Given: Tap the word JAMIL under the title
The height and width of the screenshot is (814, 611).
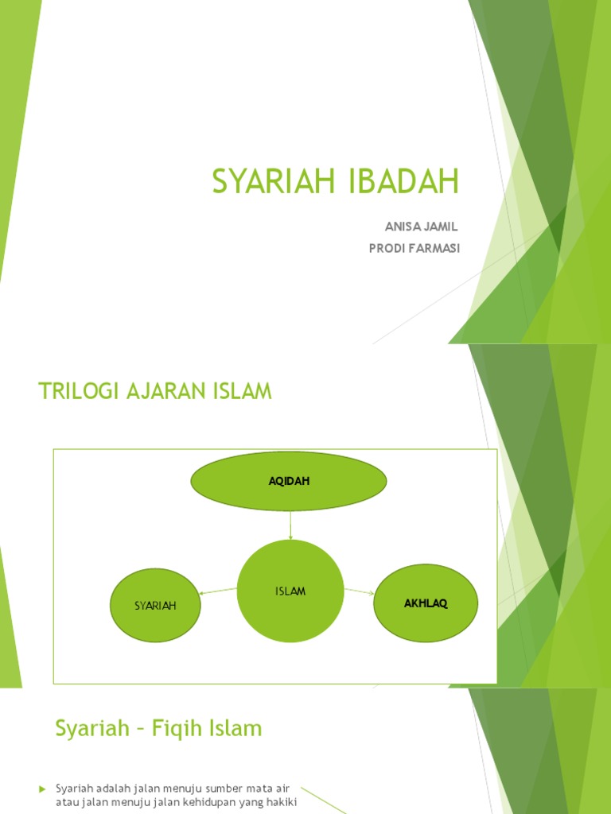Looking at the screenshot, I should click(x=442, y=227).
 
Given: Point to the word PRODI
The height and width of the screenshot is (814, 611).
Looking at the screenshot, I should click(x=387, y=249).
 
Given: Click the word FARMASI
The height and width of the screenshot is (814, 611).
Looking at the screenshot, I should click(x=436, y=249).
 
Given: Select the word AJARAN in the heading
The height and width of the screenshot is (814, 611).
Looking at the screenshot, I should click(x=165, y=391).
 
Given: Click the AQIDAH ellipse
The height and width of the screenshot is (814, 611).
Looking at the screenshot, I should click(x=289, y=481).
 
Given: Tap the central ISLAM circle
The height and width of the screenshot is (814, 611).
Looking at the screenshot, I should click(x=290, y=591).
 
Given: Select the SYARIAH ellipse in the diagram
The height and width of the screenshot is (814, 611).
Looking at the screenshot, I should click(x=155, y=605).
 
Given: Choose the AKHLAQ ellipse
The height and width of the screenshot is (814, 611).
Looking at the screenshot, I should click(x=426, y=603).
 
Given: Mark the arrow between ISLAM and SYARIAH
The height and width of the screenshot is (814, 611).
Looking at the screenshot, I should click(x=218, y=591).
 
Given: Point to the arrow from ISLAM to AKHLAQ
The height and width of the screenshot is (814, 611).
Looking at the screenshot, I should click(x=359, y=591).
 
